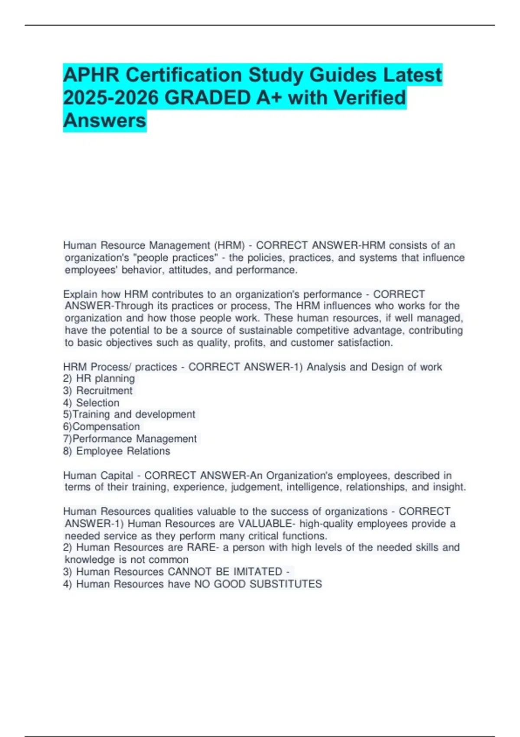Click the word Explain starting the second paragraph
(80, 294)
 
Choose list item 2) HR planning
(99, 378)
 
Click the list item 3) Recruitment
(98, 391)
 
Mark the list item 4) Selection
(91, 403)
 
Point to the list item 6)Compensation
(101, 427)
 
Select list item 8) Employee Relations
(117, 451)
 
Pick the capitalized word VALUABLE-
(266, 524)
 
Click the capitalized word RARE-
(203, 548)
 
